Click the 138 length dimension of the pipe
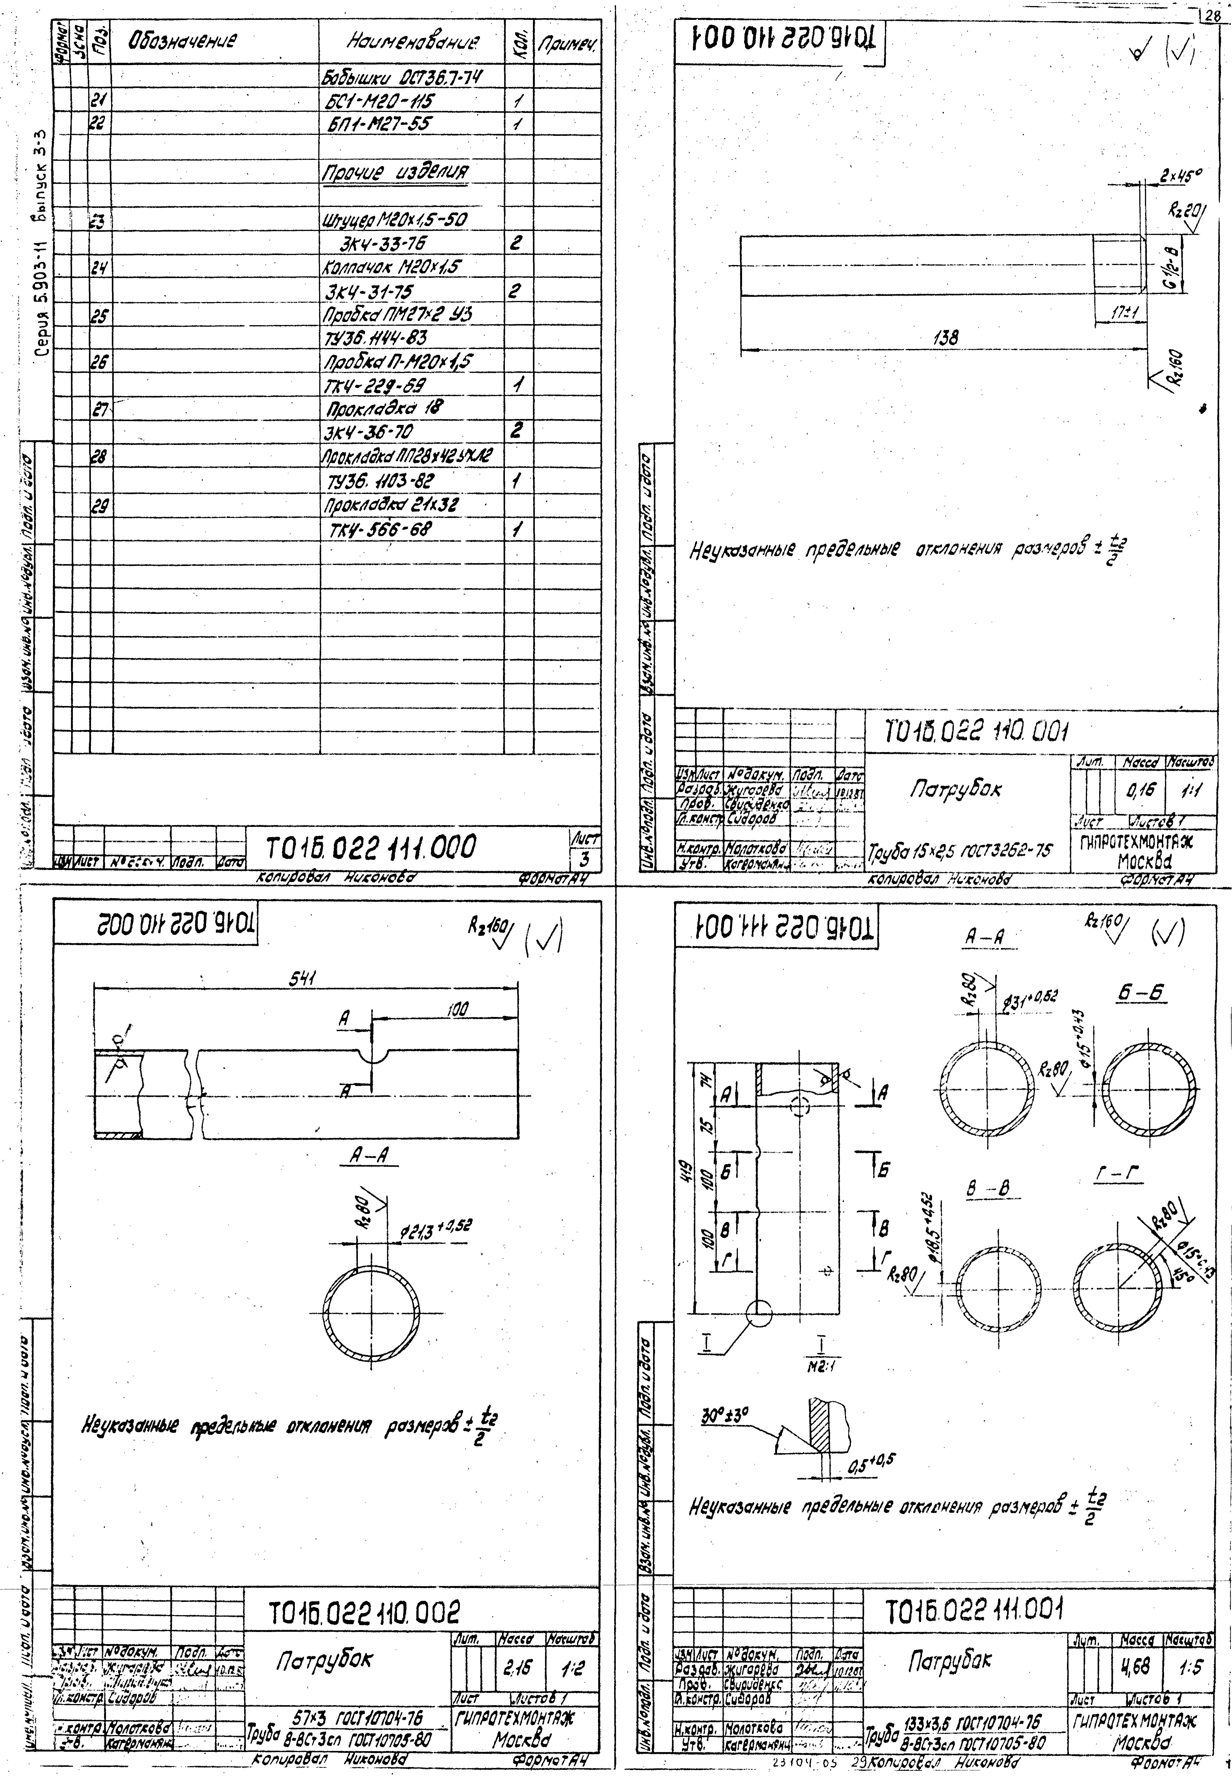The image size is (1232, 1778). [946, 337]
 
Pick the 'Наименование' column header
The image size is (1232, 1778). [413, 42]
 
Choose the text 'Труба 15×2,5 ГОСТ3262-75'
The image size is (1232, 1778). [959, 851]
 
